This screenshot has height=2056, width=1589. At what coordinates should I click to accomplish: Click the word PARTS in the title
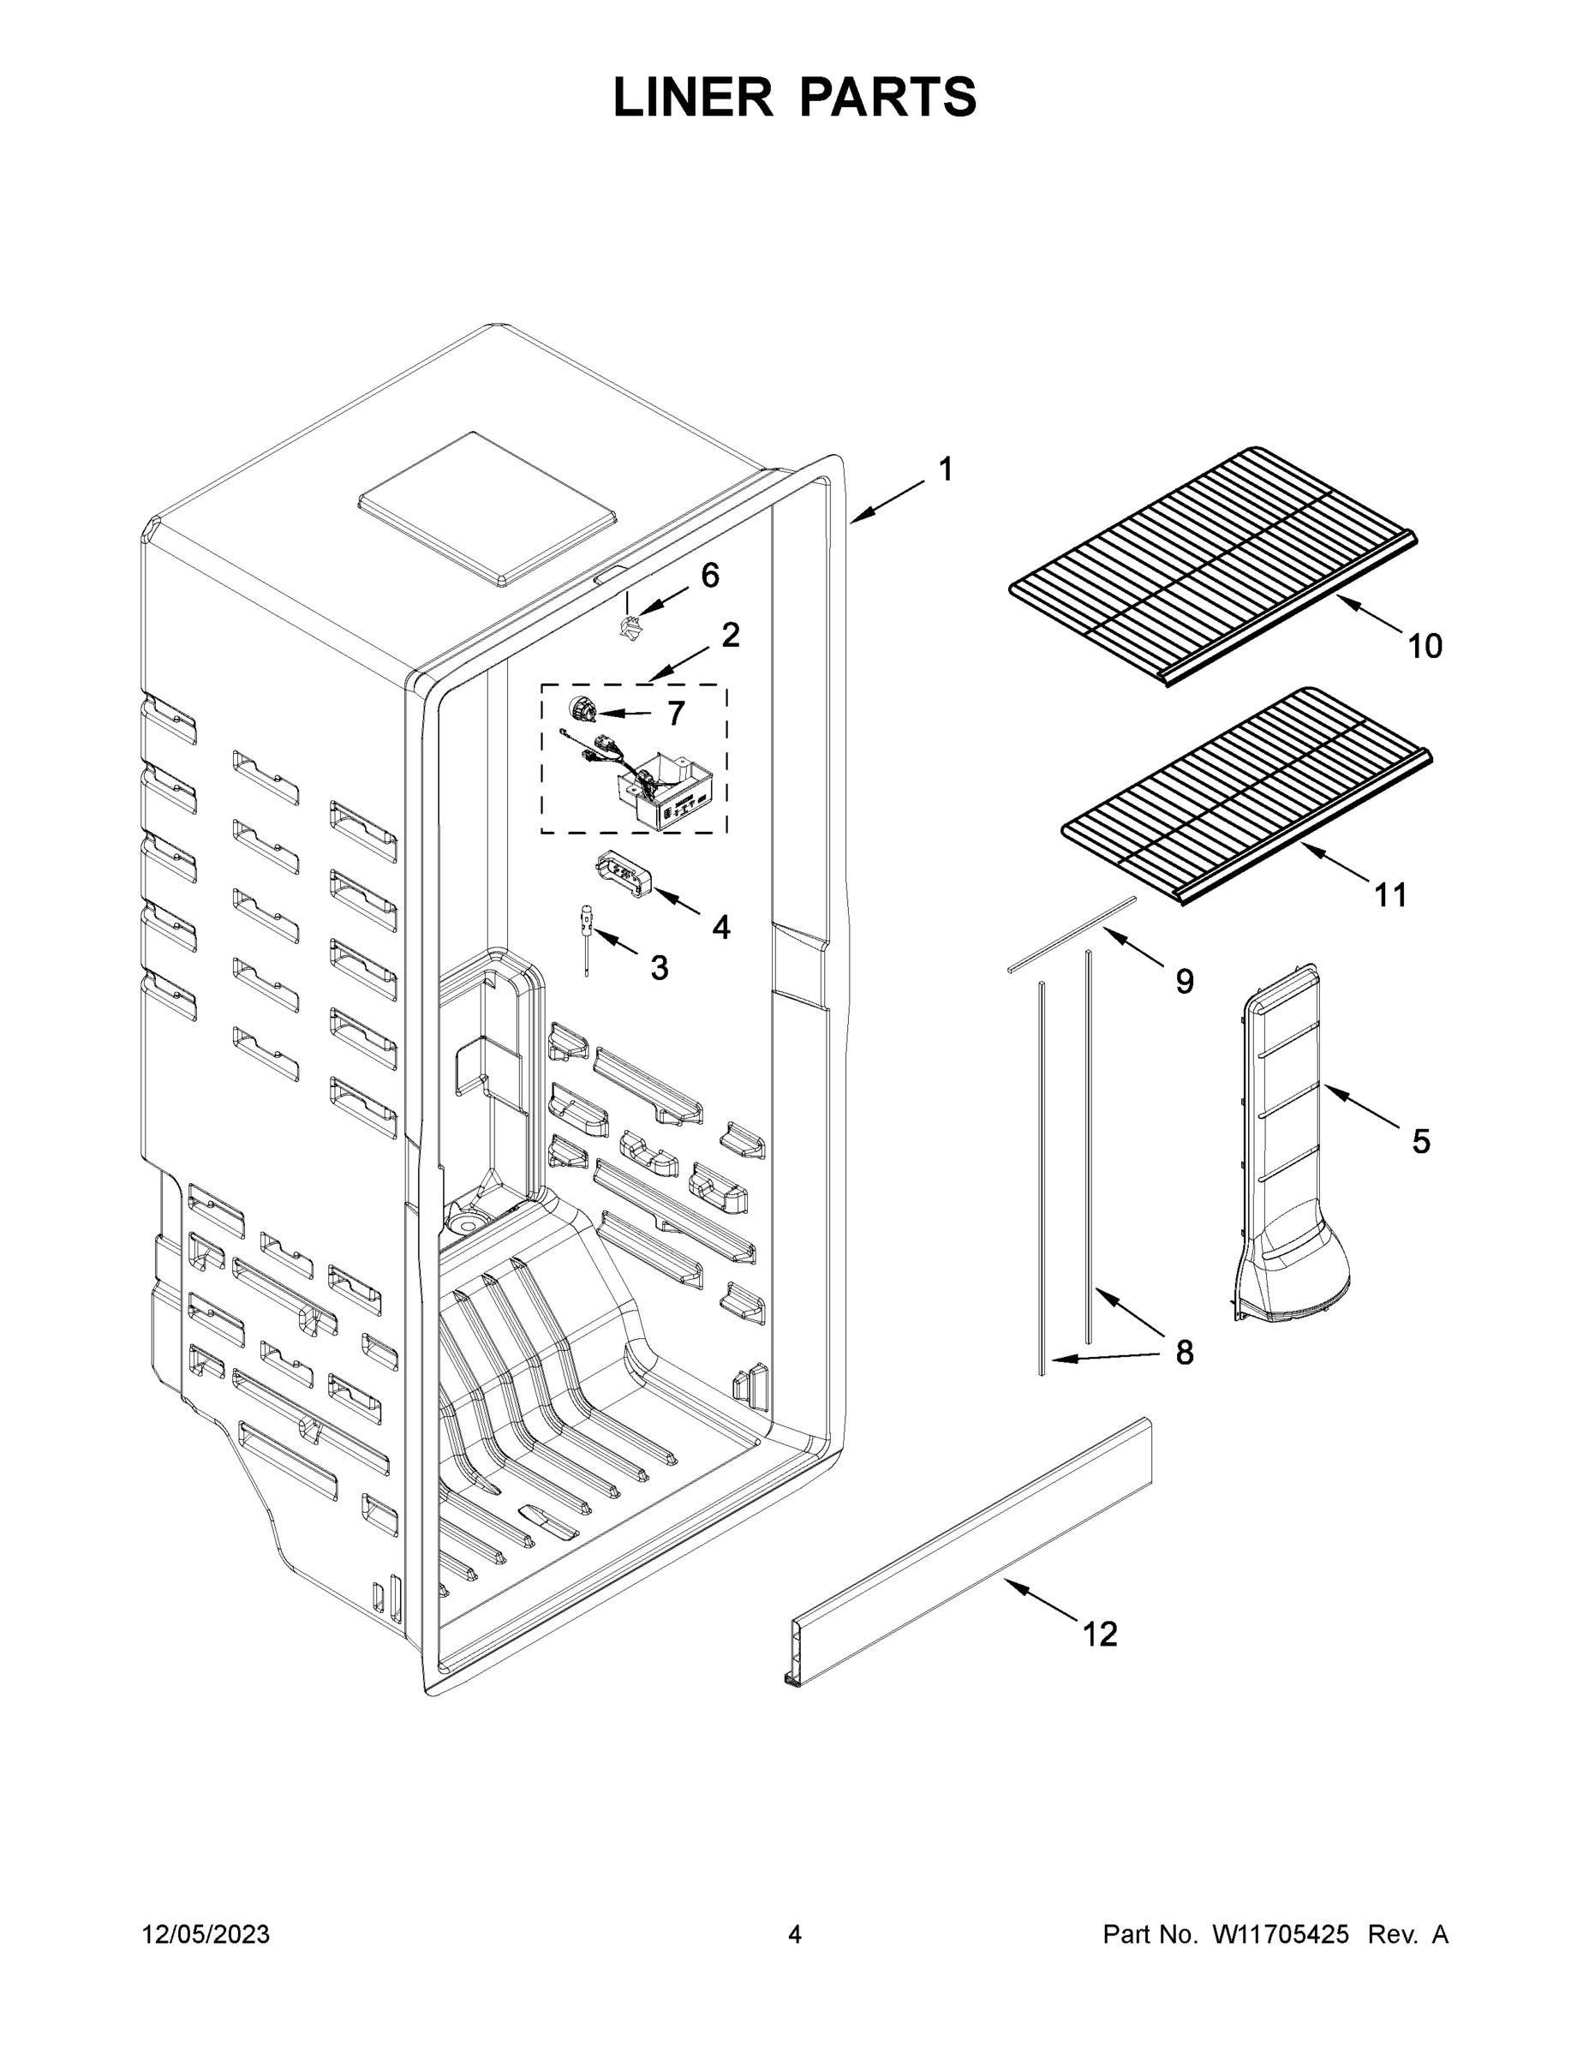[x=889, y=98]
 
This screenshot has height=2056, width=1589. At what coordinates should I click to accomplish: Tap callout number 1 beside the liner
[x=946, y=469]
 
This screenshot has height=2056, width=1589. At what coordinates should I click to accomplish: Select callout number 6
[x=710, y=574]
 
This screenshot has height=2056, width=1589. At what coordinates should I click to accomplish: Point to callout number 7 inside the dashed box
[x=676, y=714]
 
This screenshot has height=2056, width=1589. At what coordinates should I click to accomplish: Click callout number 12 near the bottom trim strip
[x=1100, y=1634]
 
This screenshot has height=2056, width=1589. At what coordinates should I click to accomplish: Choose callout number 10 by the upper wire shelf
[x=1425, y=646]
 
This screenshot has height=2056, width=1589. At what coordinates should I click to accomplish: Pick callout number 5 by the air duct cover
[x=1420, y=1141]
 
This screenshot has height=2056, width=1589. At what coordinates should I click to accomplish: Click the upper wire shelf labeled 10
[x=1215, y=565]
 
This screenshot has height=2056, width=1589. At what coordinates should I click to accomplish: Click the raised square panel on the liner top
[x=487, y=511]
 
